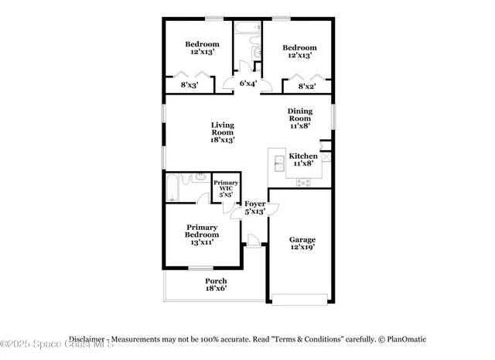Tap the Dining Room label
click(300, 118)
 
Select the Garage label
click(302, 244)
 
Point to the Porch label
click(216, 284)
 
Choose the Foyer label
click(255, 207)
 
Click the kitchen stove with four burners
click(303, 183)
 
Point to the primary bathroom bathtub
click(172, 188)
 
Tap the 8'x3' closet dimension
click(189, 85)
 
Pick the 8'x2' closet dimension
click(307, 86)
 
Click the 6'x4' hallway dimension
click(247, 83)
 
